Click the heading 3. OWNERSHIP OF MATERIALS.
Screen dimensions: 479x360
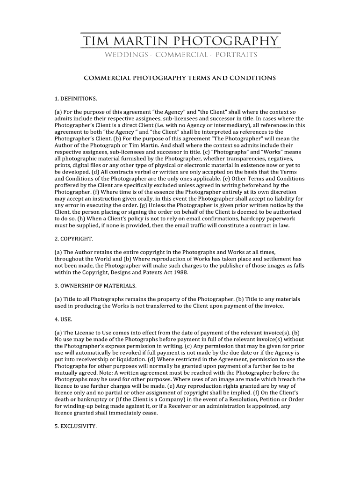95,285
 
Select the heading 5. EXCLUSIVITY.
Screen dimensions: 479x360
76,426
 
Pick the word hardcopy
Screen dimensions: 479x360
242,218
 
